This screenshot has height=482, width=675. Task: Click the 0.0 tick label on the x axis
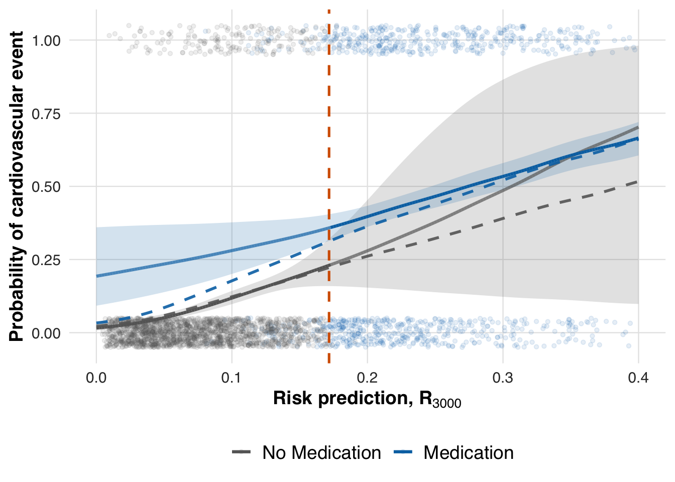pos(96,378)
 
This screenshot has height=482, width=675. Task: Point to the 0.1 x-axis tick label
pos(232,378)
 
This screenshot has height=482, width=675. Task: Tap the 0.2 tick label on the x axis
pos(367,378)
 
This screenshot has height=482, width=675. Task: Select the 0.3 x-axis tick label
pos(503,378)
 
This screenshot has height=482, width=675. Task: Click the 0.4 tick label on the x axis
pos(638,378)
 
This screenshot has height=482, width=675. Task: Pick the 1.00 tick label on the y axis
pos(46,40)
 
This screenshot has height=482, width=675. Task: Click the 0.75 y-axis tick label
pos(46,113)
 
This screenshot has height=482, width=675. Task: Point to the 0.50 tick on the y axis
pos(46,187)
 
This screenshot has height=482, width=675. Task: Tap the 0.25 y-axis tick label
pos(46,260)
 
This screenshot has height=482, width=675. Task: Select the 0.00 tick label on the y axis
pos(46,333)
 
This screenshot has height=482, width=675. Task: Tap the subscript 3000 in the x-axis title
pos(447,403)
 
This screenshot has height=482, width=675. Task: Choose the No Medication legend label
pos(321,453)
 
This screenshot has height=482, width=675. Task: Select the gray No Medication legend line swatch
pos(242,453)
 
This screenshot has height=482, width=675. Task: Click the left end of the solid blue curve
pos(97,276)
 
